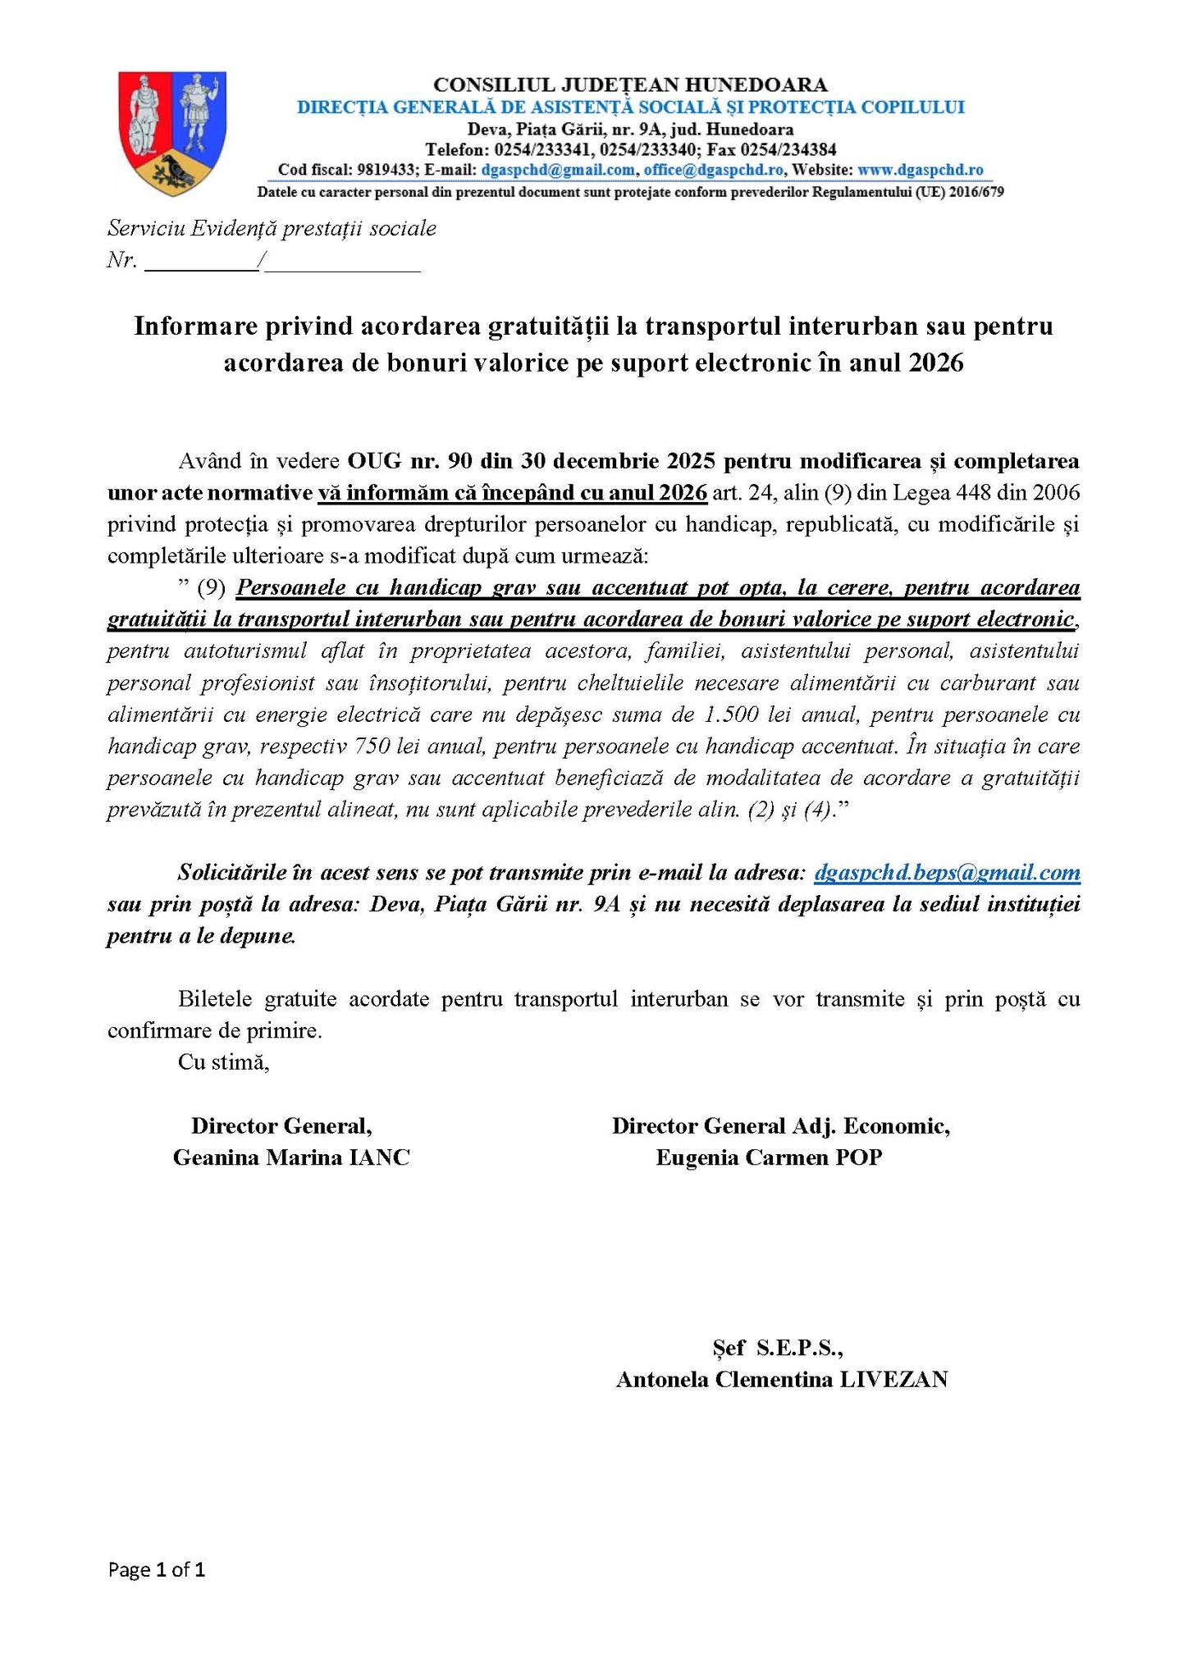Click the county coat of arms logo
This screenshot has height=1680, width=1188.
172,133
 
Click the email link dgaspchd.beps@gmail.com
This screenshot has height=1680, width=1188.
946,873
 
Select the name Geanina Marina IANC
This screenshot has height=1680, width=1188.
290,1157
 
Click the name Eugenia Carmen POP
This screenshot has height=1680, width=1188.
769,1157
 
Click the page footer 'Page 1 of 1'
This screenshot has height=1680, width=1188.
156,1570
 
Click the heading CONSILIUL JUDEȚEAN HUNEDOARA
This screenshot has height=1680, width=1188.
629,84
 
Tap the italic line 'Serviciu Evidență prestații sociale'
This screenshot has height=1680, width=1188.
272,228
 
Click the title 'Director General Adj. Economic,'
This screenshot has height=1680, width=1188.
780,1125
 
